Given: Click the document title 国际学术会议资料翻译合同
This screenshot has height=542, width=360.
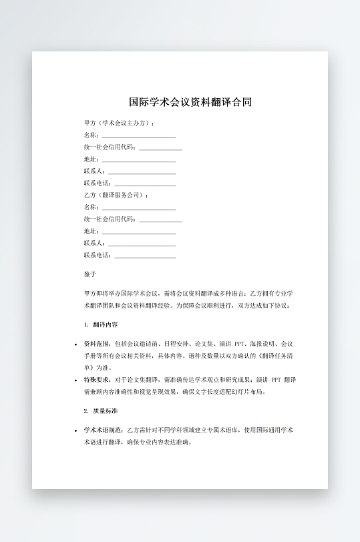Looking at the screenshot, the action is [190, 103].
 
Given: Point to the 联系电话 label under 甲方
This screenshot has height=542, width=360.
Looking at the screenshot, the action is [98, 183].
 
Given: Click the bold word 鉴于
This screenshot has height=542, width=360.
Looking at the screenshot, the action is [90, 274].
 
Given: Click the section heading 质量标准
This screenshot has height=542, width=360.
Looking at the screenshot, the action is [106, 411].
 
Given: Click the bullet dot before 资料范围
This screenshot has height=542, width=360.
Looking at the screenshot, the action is [76, 344].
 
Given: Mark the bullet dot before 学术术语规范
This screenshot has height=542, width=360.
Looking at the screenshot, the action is [76, 431].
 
